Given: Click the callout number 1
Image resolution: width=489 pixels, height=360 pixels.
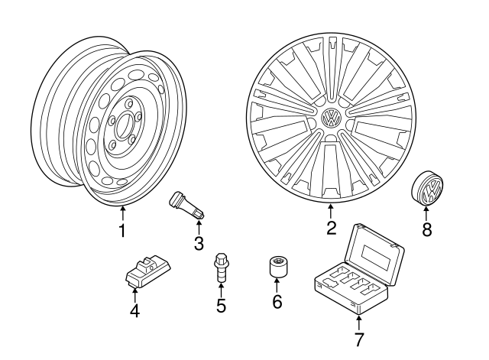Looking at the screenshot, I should (x=122, y=229).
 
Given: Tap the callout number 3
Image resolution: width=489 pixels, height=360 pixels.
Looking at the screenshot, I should (x=199, y=244).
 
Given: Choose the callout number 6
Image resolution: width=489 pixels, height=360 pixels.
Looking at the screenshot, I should (x=277, y=301).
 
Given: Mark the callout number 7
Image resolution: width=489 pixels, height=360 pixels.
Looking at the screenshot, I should (x=359, y=337).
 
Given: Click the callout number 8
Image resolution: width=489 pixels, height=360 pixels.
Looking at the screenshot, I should (x=426, y=229).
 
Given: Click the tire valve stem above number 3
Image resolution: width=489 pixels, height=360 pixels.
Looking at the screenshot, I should (x=186, y=205).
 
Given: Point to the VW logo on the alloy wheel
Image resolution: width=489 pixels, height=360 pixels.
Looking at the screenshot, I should (x=332, y=118).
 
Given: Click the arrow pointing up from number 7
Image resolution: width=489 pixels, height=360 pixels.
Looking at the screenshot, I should (x=359, y=321).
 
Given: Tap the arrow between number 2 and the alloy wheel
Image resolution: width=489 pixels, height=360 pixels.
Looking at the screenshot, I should (x=331, y=212).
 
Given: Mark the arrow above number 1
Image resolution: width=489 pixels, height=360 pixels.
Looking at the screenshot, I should (x=122, y=212).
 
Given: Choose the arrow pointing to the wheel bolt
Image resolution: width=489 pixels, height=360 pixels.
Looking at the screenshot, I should (x=220, y=290).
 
